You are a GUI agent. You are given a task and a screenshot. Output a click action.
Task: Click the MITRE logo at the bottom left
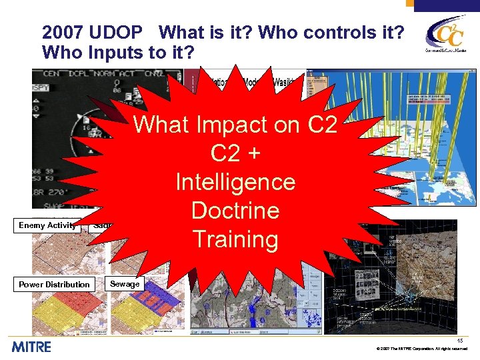31,347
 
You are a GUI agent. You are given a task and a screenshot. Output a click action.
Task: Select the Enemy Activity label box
47,225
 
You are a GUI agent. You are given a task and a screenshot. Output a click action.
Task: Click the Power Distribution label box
54,285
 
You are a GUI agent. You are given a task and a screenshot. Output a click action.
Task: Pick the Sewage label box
125,284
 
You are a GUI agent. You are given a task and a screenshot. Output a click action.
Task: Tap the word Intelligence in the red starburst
235,181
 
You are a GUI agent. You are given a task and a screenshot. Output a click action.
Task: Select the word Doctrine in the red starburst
235,210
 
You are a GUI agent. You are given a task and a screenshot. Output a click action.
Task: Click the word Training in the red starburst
235,239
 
